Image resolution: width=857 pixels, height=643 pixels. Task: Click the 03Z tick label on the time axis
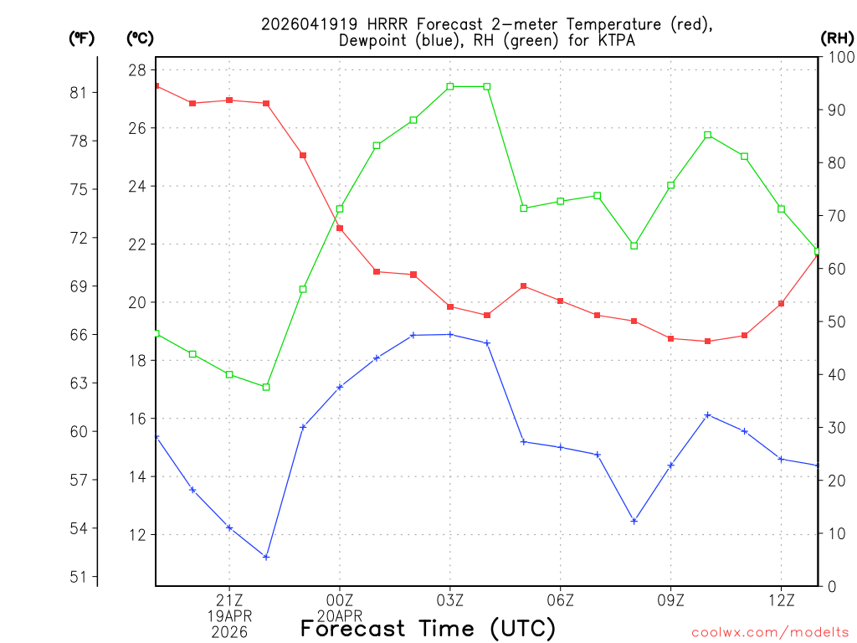tap(450, 599)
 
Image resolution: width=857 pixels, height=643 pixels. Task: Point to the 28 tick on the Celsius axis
tap(137, 69)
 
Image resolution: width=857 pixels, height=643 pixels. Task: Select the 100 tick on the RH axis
tap(839, 56)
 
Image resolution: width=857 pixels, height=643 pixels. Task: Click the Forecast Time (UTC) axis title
tap(428, 628)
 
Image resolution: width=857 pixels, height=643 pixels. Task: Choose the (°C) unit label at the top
tap(141, 38)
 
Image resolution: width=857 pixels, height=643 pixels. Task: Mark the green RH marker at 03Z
tap(450, 86)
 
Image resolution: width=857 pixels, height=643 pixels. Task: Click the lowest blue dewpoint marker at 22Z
tap(266, 557)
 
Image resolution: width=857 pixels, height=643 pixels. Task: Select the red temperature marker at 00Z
tap(340, 228)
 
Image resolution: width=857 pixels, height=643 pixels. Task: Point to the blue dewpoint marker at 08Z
tap(634, 521)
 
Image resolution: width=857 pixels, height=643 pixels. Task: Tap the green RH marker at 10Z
tap(708, 135)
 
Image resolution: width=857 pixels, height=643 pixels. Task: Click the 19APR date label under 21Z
tap(229, 615)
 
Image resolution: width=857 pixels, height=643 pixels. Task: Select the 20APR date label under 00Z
tap(340, 615)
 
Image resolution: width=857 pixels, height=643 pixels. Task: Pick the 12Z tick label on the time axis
tap(782, 599)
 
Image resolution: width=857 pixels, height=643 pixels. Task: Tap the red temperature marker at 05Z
tap(524, 286)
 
